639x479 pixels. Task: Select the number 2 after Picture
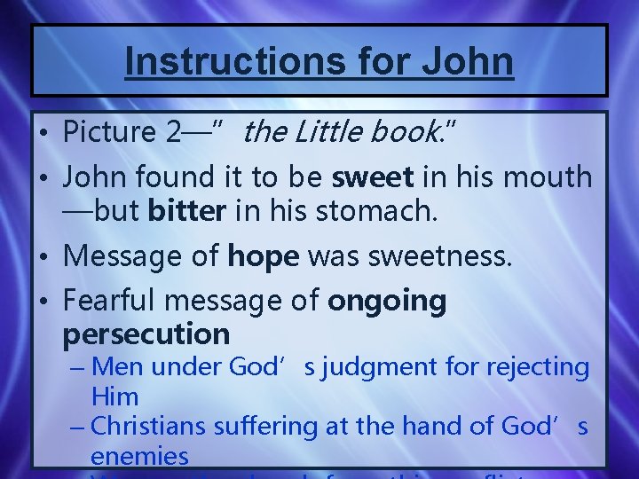(x=175, y=133)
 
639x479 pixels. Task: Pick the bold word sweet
(x=372, y=177)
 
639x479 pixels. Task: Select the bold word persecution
(x=146, y=334)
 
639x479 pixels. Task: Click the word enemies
(x=139, y=457)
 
